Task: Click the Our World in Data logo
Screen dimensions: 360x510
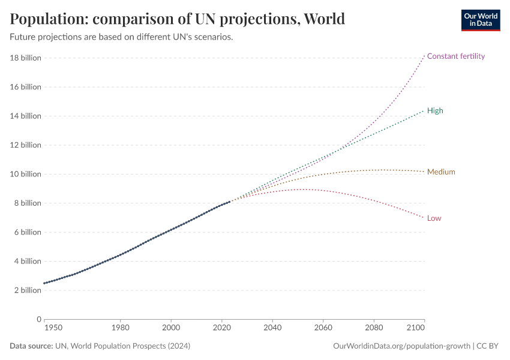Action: click(x=480, y=20)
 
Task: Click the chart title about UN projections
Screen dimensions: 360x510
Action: click(x=177, y=19)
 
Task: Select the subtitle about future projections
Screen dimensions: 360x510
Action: click(x=121, y=37)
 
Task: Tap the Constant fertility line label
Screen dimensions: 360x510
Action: click(x=455, y=56)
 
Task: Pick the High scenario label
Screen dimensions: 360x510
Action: click(x=435, y=111)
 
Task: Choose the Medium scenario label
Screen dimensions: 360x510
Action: click(x=441, y=172)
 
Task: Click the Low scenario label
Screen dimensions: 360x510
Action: click(x=434, y=218)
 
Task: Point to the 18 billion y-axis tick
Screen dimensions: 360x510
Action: click(x=25, y=58)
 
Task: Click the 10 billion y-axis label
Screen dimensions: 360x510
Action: click(x=25, y=174)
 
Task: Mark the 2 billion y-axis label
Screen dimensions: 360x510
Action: click(x=27, y=290)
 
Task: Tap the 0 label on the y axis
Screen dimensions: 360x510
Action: click(x=38, y=319)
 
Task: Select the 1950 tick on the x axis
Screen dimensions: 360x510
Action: click(x=52, y=329)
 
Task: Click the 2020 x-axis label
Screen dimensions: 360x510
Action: click(x=222, y=329)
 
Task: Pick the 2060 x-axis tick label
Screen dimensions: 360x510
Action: click(x=323, y=329)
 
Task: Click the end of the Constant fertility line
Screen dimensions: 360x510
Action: click(x=424, y=55)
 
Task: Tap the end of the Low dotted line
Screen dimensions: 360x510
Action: click(x=424, y=217)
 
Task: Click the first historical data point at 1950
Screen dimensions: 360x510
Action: click(x=44, y=283)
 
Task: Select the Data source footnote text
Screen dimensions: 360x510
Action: click(x=100, y=346)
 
